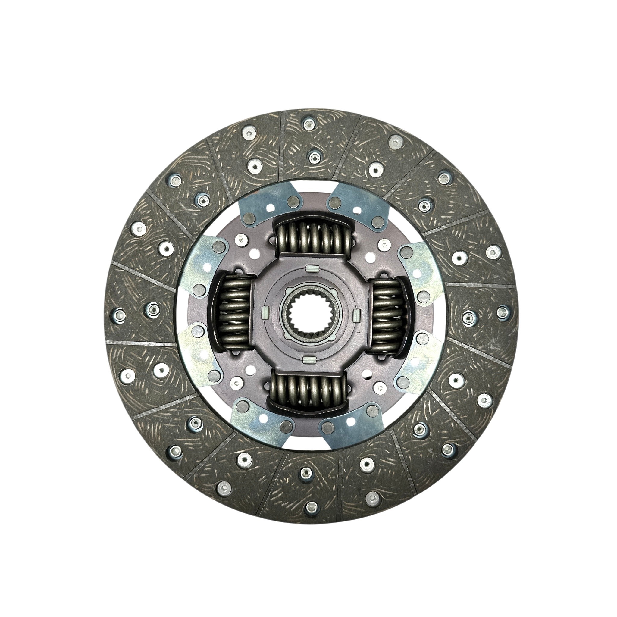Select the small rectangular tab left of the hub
[x=265, y=310]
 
